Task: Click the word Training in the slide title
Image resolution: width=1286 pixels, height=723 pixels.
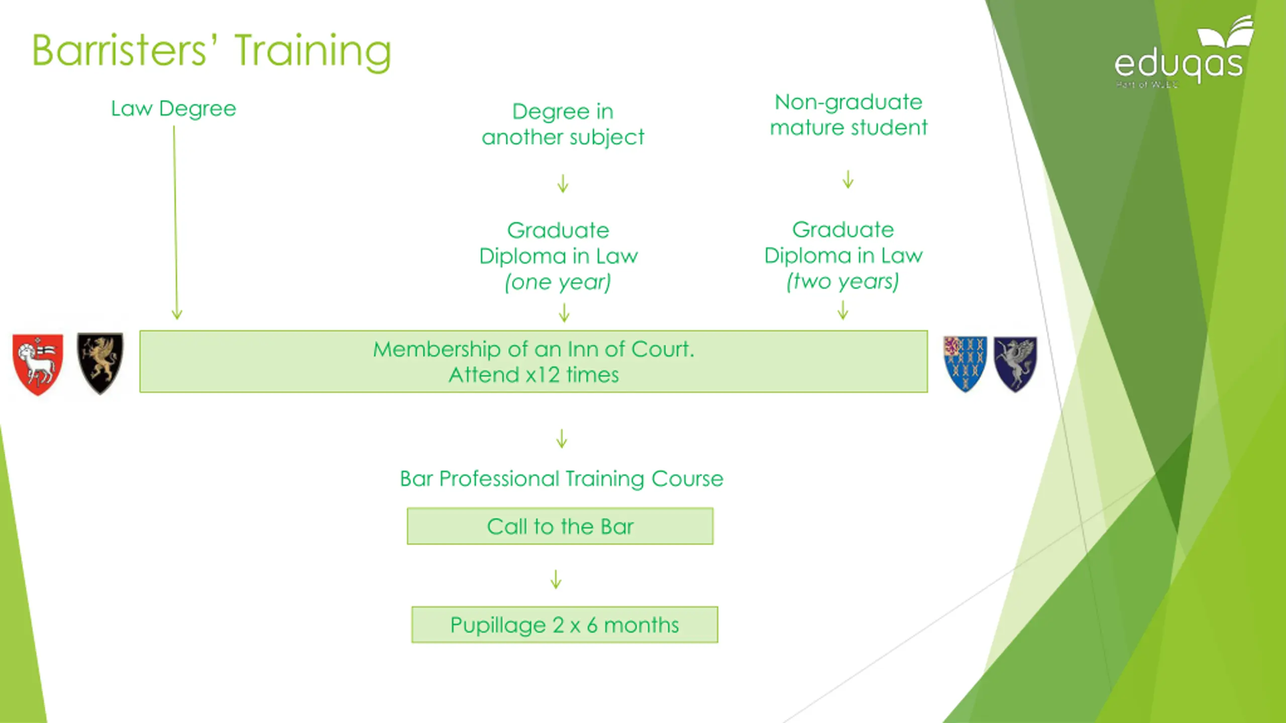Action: point(312,52)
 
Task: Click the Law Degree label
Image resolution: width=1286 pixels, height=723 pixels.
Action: point(173,109)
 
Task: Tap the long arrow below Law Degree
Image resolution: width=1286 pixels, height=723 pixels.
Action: point(175,222)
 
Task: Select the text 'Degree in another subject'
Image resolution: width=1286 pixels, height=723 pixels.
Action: point(563,125)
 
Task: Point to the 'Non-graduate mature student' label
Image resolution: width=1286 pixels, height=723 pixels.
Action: point(848,115)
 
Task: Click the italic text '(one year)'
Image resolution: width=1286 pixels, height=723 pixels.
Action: point(558,282)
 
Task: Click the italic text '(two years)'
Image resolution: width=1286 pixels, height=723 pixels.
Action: point(842,282)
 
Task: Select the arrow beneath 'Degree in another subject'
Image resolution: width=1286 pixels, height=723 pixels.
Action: point(563,183)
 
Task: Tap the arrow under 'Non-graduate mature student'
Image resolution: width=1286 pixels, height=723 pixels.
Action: point(848,179)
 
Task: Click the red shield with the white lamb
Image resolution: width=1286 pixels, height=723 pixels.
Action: point(38,364)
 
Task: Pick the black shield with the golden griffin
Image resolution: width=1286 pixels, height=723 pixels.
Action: point(100,363)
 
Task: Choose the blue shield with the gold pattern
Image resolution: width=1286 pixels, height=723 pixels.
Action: point(964,364)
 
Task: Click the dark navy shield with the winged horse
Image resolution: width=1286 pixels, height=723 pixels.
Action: point(1015,364)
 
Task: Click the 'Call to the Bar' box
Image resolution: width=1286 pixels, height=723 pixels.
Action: point(560,526)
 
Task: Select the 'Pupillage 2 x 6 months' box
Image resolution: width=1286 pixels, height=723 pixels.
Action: point(565,625)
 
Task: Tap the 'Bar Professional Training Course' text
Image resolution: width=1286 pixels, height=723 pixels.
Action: point(562,478)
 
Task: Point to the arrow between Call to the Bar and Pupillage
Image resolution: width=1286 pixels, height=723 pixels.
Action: point(556,579)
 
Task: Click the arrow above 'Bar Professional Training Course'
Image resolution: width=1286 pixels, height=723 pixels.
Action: point(562,438)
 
